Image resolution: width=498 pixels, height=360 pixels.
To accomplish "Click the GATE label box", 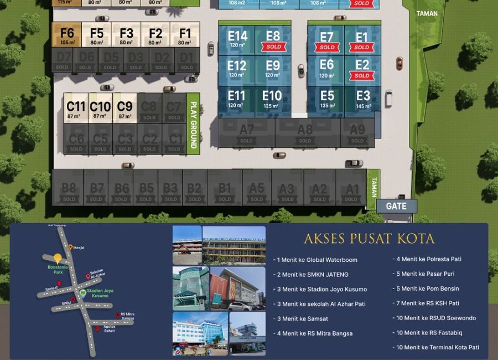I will pos(396,207).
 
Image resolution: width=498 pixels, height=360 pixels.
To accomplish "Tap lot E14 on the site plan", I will pos(237,39).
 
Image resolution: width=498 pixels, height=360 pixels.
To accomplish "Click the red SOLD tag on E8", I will pos(273,47).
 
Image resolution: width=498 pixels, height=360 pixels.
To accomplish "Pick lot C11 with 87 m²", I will pos(76,108).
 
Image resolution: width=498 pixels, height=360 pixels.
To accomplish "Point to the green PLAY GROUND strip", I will pos(194,125).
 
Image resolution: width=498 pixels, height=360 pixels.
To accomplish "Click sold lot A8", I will pos(305,133).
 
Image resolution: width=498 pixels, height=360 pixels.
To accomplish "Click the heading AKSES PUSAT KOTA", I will pos(369,239).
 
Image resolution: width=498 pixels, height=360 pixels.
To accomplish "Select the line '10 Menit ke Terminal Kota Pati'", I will pos(437,347).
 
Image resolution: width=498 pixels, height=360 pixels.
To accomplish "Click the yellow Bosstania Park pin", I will pos(57,258).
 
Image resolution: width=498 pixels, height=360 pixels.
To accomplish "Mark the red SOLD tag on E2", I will pos(362,76).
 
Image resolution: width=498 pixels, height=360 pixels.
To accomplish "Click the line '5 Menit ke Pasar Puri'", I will pos(427,274).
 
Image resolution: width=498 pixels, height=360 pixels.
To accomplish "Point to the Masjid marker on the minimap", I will pos(71,247).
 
